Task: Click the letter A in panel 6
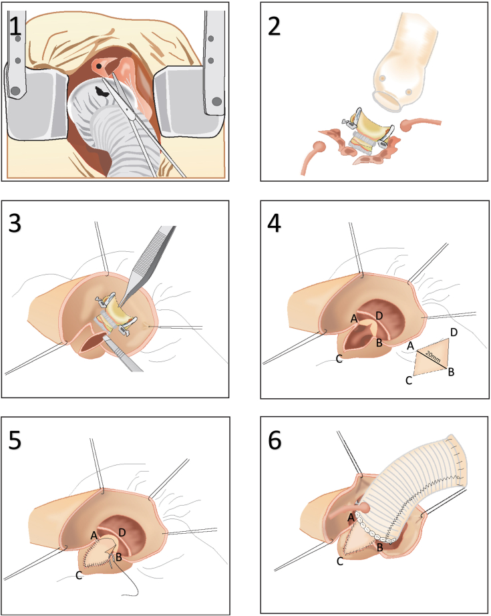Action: click(351, 516)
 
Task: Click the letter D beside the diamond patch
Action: click(454, 332)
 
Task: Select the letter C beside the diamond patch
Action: click(407, 381)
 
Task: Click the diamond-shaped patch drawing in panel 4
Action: click(434, 357)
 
